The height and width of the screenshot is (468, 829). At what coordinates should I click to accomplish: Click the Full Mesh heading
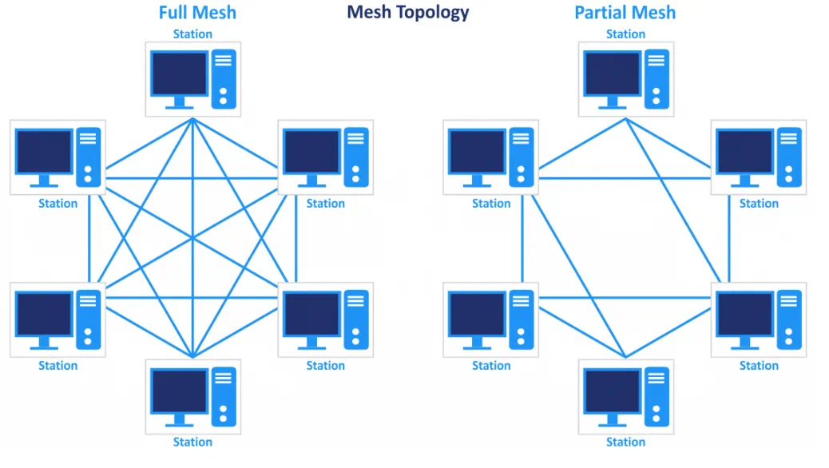pos(196,13)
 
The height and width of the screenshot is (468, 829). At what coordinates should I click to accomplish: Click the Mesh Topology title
pos(407,12)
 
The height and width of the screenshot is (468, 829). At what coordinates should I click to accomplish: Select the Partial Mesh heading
pos(625,13)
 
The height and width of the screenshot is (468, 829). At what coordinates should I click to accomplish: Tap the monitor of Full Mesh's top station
pos(180,74)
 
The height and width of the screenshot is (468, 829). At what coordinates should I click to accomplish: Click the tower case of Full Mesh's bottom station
pos(224,395)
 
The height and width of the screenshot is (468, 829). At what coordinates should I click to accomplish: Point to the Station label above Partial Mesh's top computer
pos(625,34)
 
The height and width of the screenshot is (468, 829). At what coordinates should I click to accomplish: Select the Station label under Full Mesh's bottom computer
pos(192,442)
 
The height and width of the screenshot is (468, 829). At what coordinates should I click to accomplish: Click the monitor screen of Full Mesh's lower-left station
pos(44,314)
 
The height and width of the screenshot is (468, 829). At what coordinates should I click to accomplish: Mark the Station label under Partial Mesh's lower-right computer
pos(758,365)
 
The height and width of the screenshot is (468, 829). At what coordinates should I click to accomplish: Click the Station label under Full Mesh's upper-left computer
pos(58,203)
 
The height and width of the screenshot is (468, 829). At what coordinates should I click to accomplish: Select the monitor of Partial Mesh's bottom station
pos(613,391)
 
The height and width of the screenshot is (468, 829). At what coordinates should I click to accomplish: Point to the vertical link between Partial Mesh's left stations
pos(522,240)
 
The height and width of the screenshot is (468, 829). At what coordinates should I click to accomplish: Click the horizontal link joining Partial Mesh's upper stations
pos(623,177)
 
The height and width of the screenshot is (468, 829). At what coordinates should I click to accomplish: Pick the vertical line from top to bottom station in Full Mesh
pos(192,240)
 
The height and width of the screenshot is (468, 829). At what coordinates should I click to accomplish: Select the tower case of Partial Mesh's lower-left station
pos(521,318)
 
